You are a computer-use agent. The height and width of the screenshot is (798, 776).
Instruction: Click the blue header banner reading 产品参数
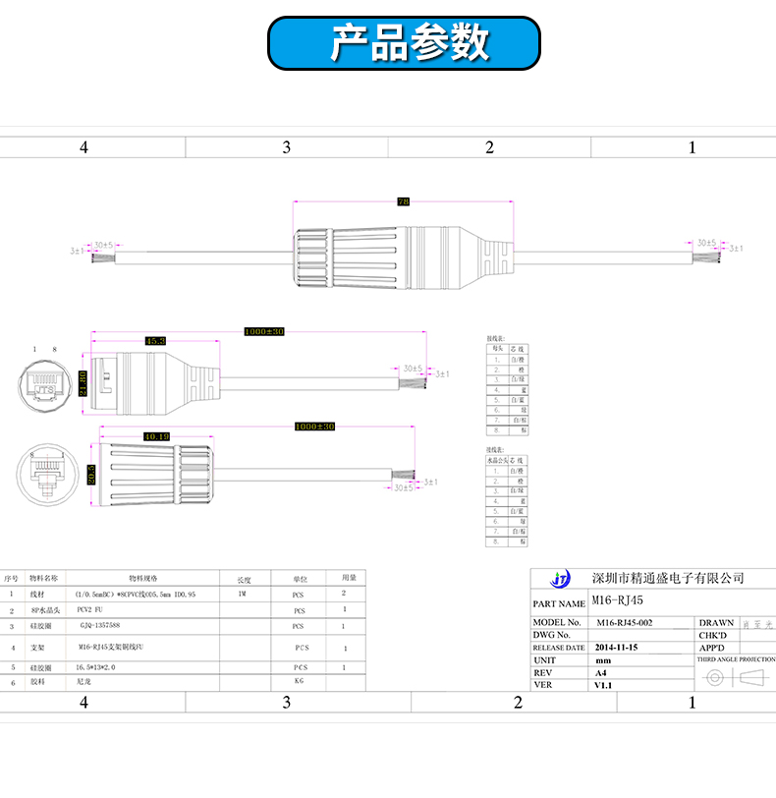405,43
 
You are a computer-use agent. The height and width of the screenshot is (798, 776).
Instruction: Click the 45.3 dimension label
155,341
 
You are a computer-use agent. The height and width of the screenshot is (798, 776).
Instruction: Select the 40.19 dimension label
156,435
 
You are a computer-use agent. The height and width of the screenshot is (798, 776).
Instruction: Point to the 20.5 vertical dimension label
90,473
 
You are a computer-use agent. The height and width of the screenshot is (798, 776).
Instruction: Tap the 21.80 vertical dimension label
83,384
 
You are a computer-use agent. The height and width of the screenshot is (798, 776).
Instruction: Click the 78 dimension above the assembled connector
403,200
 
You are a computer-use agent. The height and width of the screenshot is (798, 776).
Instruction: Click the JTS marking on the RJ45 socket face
45,389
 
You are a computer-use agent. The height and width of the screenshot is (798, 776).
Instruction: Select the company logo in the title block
561,579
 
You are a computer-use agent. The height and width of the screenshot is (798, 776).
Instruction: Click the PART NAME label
559,604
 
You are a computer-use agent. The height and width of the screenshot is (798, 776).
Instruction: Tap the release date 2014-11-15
623,648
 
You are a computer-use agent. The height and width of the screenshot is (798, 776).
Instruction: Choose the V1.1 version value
604,685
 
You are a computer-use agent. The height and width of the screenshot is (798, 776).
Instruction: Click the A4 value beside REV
601,673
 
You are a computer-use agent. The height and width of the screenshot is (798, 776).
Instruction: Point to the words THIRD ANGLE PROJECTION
736,660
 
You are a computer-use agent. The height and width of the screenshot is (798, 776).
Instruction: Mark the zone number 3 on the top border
287,147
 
